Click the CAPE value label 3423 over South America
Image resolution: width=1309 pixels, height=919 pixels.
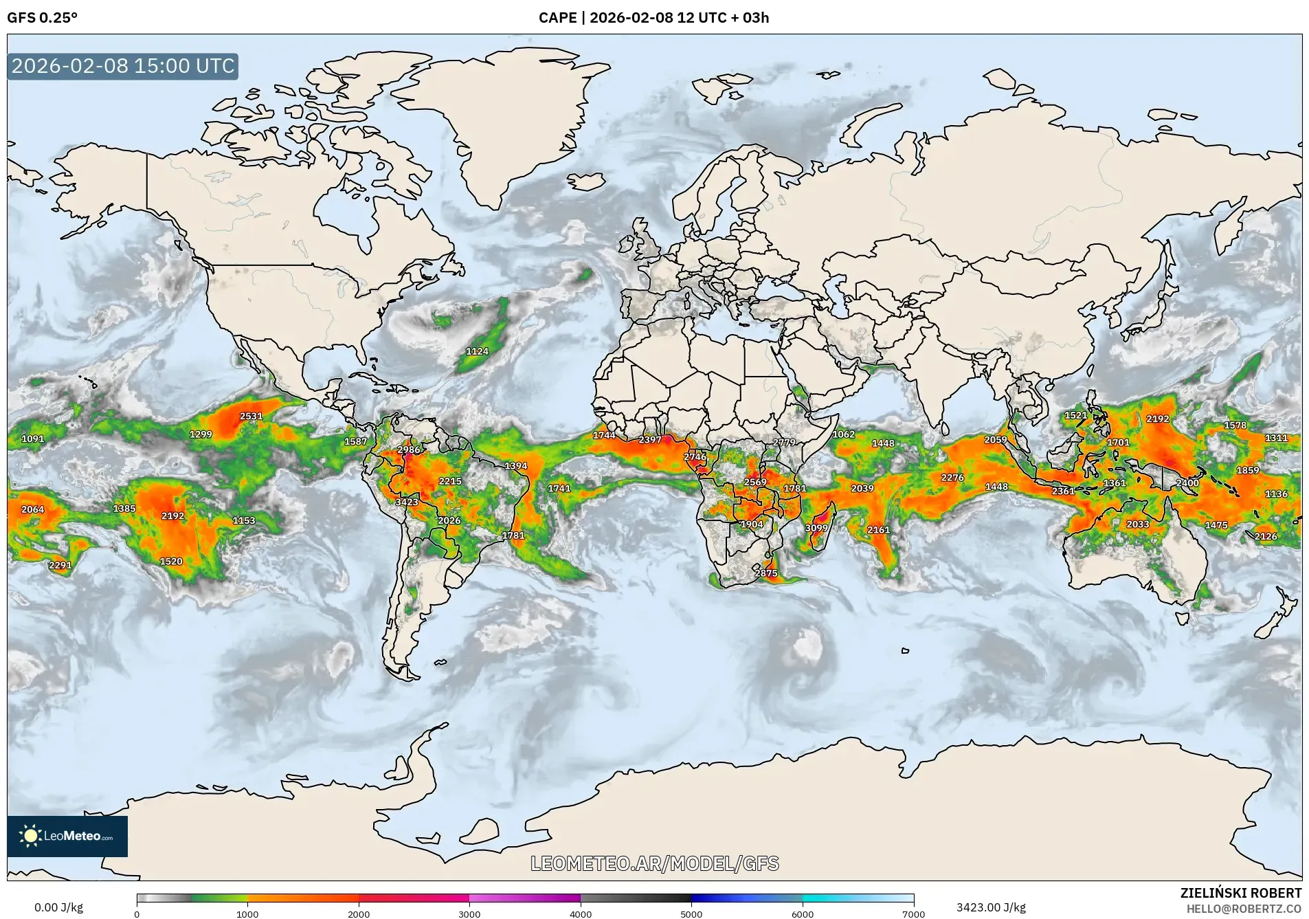click(x=406, y=502)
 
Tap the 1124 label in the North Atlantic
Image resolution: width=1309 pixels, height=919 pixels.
click(x=477, y=351)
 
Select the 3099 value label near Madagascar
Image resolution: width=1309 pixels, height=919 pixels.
click(x=816, y=528)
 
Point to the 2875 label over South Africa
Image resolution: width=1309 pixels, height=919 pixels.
click(x=765, y=573)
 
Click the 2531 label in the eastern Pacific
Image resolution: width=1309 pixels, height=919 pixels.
click(x=251, y=416)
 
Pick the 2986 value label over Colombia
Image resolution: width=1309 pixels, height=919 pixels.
click(x=408, y=450)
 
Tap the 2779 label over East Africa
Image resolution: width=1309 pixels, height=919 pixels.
click(x=783, y=442)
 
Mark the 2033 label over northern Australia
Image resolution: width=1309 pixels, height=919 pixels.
click(x=1137, y=524)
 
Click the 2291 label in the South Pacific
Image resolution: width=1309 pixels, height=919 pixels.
click(x=60, y=565)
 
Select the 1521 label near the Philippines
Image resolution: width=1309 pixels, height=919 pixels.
click(x=1075, y=415)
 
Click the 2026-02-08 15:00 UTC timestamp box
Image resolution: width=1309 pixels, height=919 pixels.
click(x=123, y=66)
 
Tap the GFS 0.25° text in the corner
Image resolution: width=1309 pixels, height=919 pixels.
click(x=42, y=18)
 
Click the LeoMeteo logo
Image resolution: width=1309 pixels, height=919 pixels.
click(x=67, y=836)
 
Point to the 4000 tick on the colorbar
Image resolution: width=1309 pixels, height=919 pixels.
click(x=581, y=914)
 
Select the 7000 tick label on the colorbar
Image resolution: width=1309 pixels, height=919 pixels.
click(x=913, y=914)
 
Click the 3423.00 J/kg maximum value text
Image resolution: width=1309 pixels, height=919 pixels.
click(x=991, y=907)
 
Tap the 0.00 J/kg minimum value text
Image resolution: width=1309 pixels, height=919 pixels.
click(x=58, y=907)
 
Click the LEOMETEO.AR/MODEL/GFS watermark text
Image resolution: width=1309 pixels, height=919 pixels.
click(x=654, y=863)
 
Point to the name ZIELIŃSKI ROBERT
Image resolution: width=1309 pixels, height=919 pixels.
click(x=1240, y=893)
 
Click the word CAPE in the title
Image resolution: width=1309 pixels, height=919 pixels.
click(x=557, y=18)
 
